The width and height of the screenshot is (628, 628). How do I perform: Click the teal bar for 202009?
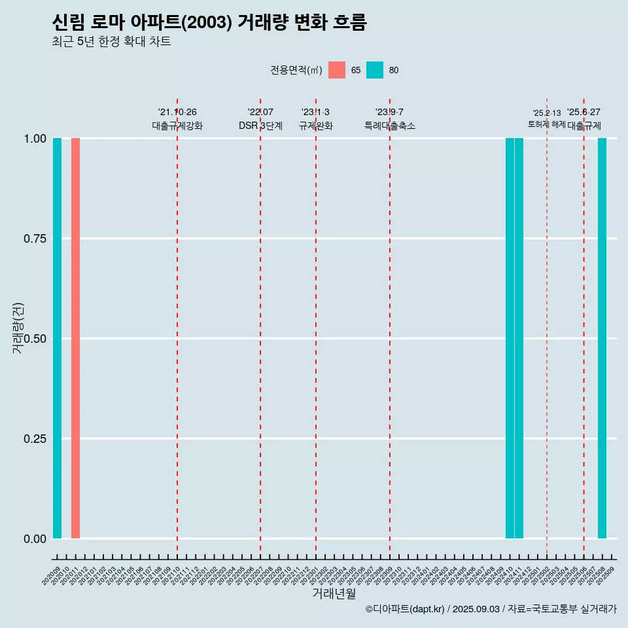[57, 338]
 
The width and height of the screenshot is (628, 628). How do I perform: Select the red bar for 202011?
[75, 338]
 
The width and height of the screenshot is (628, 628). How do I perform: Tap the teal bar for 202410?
[510, 338]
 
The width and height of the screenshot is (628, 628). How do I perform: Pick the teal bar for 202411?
[519, 338]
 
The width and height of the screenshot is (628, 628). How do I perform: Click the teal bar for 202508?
[602, 338]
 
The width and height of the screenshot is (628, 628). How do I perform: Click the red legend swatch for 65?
[337, 70]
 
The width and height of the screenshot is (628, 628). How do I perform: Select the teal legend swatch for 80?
[375, 70]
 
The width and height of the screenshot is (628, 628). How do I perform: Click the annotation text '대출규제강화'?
[177, 126]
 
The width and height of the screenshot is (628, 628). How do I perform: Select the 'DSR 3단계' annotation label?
[260, 126]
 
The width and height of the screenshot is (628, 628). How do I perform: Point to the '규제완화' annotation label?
[316, 126]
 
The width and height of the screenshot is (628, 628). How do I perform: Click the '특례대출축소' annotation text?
[390, 126]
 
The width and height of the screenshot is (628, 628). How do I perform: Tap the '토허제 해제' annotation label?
[547, 124]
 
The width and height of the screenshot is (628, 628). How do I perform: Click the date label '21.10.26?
[177, 113]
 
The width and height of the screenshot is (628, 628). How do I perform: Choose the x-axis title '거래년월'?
[334, 594]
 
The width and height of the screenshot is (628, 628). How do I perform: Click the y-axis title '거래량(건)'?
[18, 328]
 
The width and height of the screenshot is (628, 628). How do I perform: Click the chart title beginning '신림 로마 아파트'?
[209, 22]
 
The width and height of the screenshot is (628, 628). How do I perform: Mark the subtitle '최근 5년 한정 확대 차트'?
[111, 42]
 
